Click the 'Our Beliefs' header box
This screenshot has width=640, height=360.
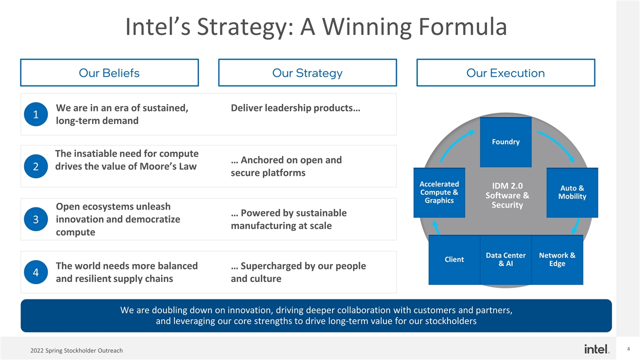tap(109, 73)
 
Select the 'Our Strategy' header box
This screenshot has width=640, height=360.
tap(307, 73)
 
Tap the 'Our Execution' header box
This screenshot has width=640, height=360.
tap(505, 73)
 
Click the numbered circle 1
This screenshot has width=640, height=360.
tap(35, 114)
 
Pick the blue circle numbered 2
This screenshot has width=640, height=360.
tap(35, 166)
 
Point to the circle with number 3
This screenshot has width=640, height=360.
tap(35, 219)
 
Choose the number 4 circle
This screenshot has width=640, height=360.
tap(35, 272)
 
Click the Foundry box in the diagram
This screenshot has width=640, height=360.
tap(505, 142)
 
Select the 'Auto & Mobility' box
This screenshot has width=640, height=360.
tap(572, 192)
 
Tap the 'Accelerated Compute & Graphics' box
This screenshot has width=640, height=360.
tap(439, 192)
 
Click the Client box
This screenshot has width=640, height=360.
tap(454, 259)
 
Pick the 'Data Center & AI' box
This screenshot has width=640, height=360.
tap(505, 259)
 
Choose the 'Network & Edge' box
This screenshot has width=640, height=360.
tap(557, 259)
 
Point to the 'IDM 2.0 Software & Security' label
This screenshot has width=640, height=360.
tap(507, 195)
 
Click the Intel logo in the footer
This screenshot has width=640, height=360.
tap(596, 348)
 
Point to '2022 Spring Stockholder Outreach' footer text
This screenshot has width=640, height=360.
tap(76, 350)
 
